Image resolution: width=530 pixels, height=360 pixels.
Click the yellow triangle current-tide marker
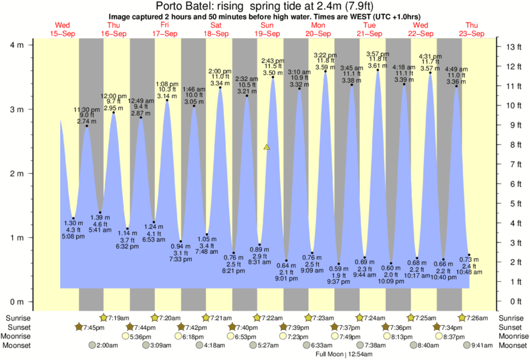(x=267, y=146)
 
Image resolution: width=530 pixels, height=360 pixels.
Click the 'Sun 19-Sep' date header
(x=267, y=29)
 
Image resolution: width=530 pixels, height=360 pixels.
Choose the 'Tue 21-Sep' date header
(x=369, y=29)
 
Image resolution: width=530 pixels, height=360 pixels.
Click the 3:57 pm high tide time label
(x=378, y=54)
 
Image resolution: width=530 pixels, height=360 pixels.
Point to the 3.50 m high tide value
(x=273, y=72)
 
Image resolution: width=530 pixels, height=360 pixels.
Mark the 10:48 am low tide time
(x=469, y=273)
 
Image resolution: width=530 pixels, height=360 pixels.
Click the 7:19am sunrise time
(x=119, y=318)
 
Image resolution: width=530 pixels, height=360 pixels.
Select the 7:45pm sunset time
(x=94, y=327)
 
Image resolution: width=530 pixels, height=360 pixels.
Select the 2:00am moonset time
(x=108, y=346)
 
